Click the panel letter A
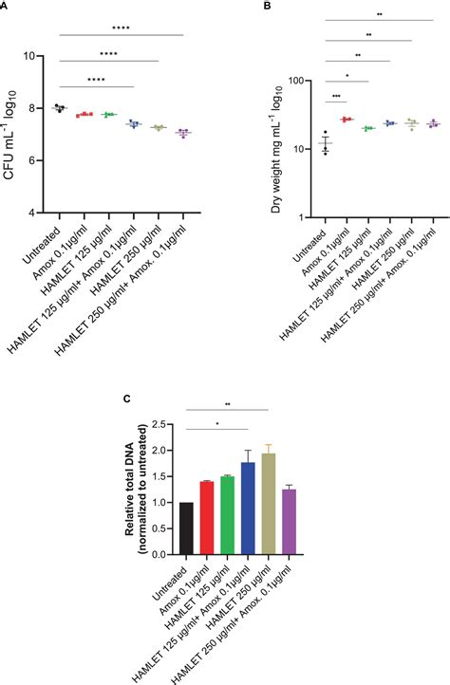point(6,6)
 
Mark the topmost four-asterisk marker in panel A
point(121,28)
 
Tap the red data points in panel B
point(347,120)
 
